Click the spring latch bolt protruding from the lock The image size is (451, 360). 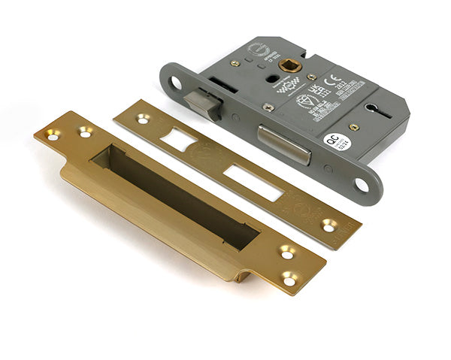pyautogui.click(x=206, y=104)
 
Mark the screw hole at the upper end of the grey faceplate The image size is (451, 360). pyautogui.click(x=176, y=81)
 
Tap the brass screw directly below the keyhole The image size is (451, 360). pyautogui.click(x=353, y=127)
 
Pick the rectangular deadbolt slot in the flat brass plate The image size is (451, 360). pyautogui.click(x=253, y=181)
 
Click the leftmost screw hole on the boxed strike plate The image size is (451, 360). pyautogui.click(x=52, y=135)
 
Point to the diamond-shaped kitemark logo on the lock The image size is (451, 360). pyautogui.click(x=304, y=101)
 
